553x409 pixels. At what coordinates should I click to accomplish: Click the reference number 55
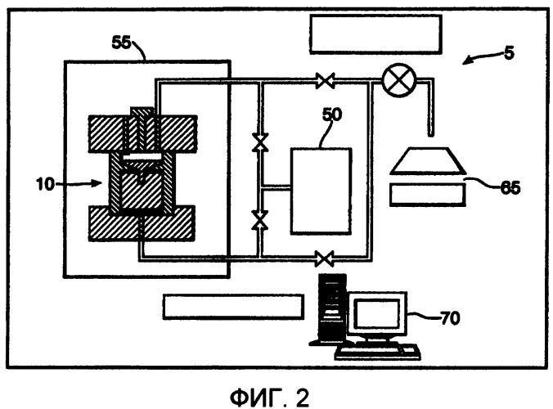coord(121,43)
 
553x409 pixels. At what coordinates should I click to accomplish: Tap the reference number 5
coord(510,52)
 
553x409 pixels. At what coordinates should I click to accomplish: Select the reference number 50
coord(332,115)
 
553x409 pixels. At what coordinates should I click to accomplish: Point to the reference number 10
coord(45,184)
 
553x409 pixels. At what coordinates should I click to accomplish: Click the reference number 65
coord(510,187)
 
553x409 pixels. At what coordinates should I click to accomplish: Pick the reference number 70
coord(451,318)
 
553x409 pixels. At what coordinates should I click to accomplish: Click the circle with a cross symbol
coord(399,80)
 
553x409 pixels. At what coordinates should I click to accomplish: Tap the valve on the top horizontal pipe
coord(325,81)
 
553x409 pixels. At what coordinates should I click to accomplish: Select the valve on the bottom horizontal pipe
coord(325,258)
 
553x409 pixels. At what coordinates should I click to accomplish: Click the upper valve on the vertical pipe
coord(260,143)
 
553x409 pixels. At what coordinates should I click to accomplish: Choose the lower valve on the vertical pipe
coord(260,220)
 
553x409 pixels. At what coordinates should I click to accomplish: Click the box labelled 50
coord(321,191)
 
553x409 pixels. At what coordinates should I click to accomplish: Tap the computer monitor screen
coord(377,313)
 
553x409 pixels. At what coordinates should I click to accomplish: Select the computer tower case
coord(332,308)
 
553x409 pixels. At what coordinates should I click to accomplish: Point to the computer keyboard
coord(377,352)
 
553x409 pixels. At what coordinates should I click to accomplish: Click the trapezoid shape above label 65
coord(428,161)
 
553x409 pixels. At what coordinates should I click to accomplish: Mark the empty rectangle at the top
coord(376,34)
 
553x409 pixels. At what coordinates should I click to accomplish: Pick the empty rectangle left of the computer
coord(233,307)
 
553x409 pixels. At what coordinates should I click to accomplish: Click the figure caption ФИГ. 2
coord(270,398)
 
